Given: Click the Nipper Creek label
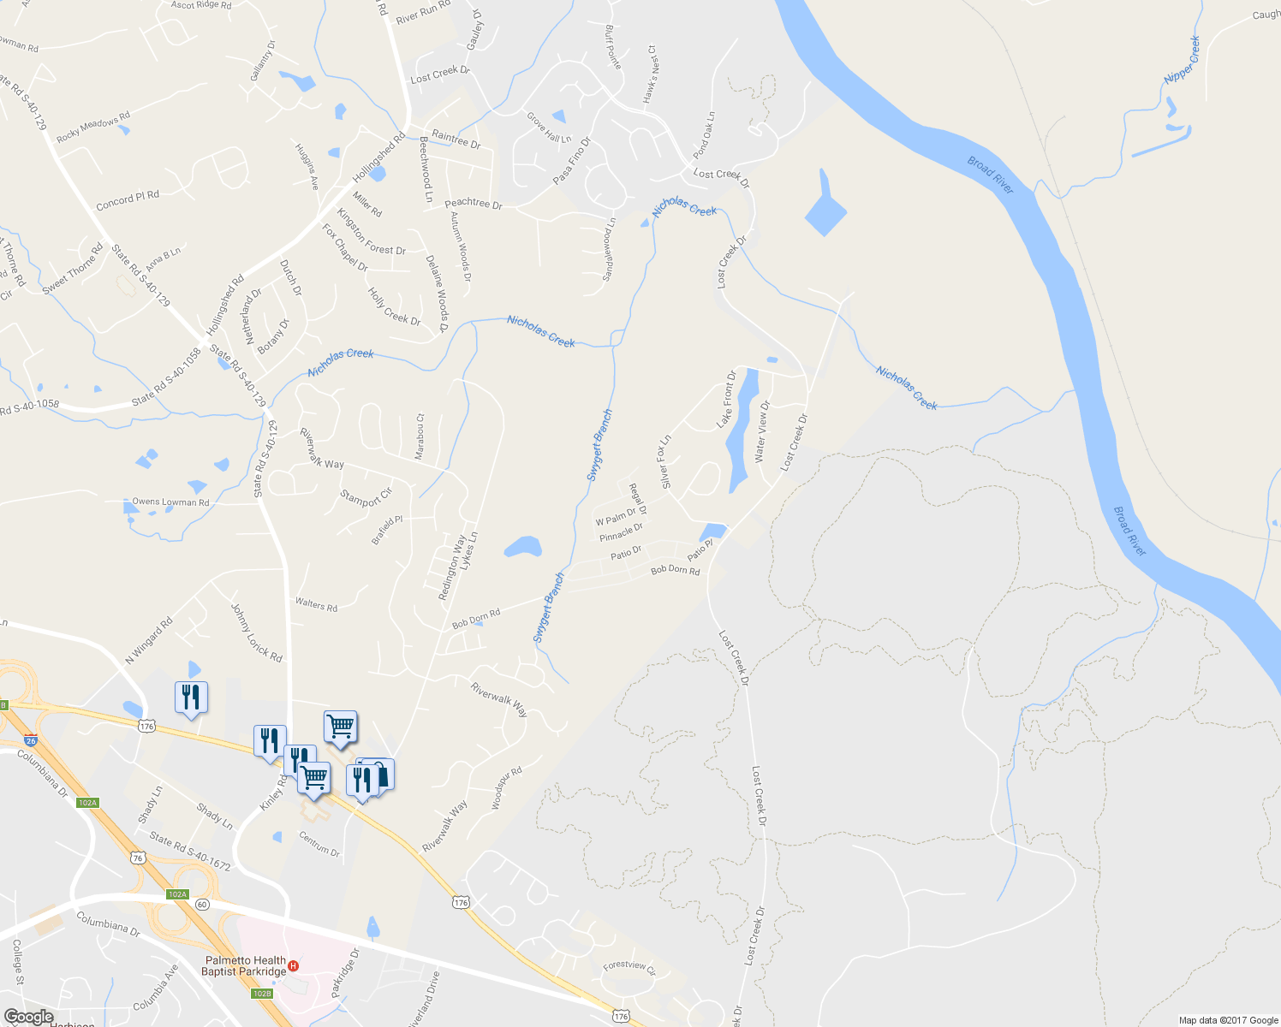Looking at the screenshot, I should pyautogui.click(x=1183, y=60).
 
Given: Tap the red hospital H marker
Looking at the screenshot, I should pyautogui.click(x=294, y=966).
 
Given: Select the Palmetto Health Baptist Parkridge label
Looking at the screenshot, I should pyautogui.click(x=243, y=965).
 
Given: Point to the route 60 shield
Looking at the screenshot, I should pyautogui.click(x=201, y=904).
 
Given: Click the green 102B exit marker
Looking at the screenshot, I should pyautogui.click(x=262, y=994).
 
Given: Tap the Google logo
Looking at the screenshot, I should pyautogui.click(x=28, y=1016).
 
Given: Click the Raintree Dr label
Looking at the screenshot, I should pyautogui.click(x=456, y=139).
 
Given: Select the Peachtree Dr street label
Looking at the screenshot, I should pyautogui.click(x=474, y=205).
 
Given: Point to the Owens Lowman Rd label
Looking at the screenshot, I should pyautogui.click(x=170, y=502).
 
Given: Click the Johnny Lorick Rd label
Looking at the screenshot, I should pyautogui.click(x=256, y=632).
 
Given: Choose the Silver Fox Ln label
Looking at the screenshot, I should pyautogui.click(x=664, y=462).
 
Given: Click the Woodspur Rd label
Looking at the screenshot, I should pyautogui.click(x=507, y=788).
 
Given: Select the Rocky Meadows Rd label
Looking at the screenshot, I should pyautogui.click(x=93, y=127).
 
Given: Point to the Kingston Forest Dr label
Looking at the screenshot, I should pyautogui.click(x=372, y=232).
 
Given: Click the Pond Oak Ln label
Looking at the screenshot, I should pyautogui.click(x=704, y=135).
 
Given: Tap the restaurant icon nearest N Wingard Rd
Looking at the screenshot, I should pyautogui.click(x=191, y=698).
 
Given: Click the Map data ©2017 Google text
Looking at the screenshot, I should pyautogui.click(x=1228, y=1020).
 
